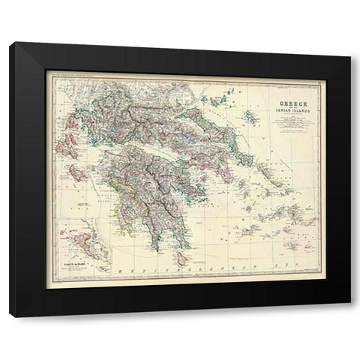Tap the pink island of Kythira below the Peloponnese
click(178, 254)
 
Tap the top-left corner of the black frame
click(11, 43)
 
